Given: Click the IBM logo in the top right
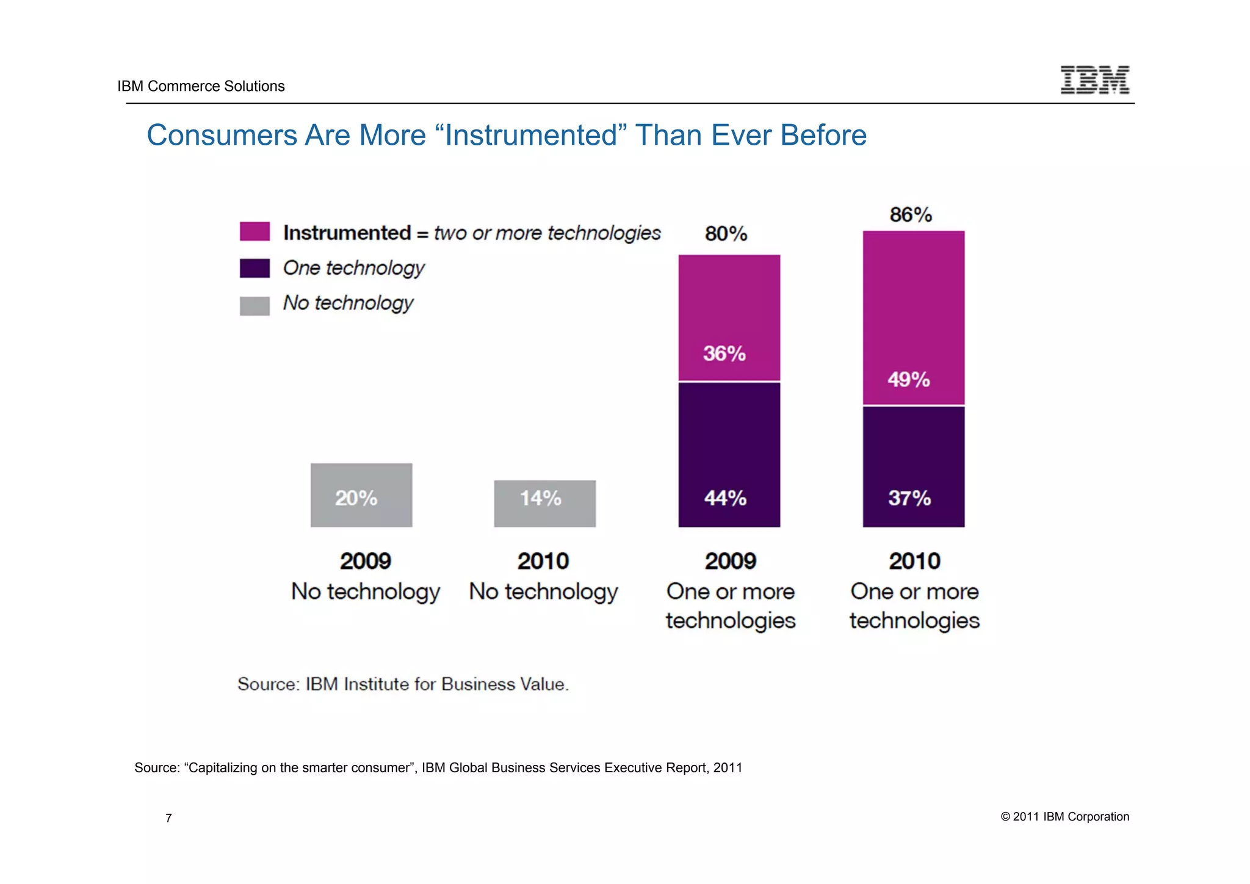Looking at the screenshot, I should pos(1094,80).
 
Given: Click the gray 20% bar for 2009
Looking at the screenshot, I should pos(361,495).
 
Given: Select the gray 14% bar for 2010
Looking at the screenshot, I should pos(544,503).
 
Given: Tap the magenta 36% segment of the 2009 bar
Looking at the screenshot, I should pos(729,317).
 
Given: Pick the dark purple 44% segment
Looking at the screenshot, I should pos(729,454).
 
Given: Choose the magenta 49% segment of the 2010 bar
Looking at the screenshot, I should pos(913,317).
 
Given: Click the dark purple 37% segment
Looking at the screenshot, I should pos(913,466).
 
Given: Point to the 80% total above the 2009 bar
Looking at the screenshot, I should pos(726,234).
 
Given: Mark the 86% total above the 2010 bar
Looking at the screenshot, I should pos(911,215).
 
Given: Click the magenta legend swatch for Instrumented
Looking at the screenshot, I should pos(255,232).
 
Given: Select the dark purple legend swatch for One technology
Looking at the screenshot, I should pos(255,268).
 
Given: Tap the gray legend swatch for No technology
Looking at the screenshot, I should pos(255,305).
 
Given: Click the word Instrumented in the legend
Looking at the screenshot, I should pos(347,233).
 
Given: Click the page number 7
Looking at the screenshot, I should pos(168,818).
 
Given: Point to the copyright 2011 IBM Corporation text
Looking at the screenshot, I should pos(1064,817).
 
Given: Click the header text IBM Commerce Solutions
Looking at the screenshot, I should pos(201,86).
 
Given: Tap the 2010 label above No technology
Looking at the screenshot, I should pos(543,561).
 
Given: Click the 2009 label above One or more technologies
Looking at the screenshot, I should pos(730,561).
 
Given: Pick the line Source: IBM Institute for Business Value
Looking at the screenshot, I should pos(403,684).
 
